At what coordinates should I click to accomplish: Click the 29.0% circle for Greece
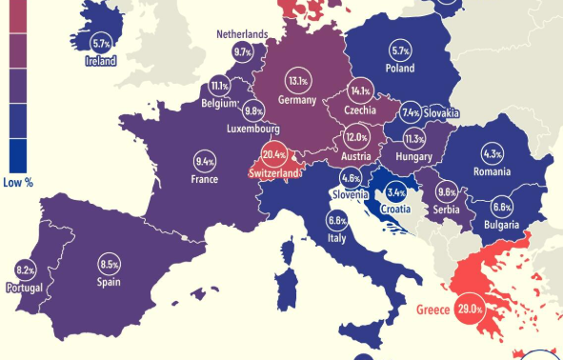[469, 310]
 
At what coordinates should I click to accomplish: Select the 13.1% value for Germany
[297, 82]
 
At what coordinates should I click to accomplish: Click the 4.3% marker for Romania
[493, 154]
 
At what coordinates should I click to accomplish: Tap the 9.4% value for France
[205, 160]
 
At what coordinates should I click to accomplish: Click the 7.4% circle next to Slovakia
[411, 112]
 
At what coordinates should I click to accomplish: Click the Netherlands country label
[242, 34]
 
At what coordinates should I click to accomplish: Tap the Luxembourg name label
[252, 129]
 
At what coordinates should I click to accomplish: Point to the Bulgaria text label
[500, 225]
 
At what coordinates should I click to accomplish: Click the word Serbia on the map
[447, 209]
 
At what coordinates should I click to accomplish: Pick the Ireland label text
[101, 61]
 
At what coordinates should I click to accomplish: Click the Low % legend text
[18, 182]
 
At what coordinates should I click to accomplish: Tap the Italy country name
[336, 239]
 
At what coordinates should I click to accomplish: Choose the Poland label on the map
[399, 69]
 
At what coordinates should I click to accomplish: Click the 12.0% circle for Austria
[355, 138]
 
